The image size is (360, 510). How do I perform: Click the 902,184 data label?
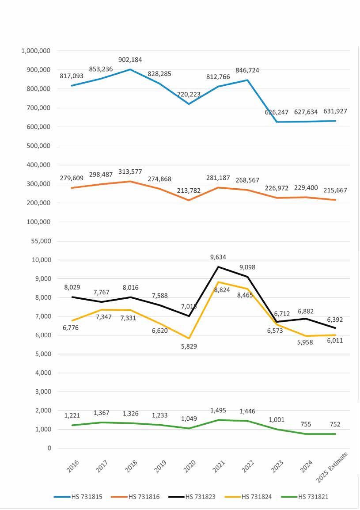point(130,60)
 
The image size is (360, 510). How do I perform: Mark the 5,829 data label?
point(189,346)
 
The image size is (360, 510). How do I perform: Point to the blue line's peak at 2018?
point(130,69)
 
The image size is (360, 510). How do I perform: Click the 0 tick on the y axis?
point(49,448)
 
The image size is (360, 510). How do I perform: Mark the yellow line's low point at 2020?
point(189,339)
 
